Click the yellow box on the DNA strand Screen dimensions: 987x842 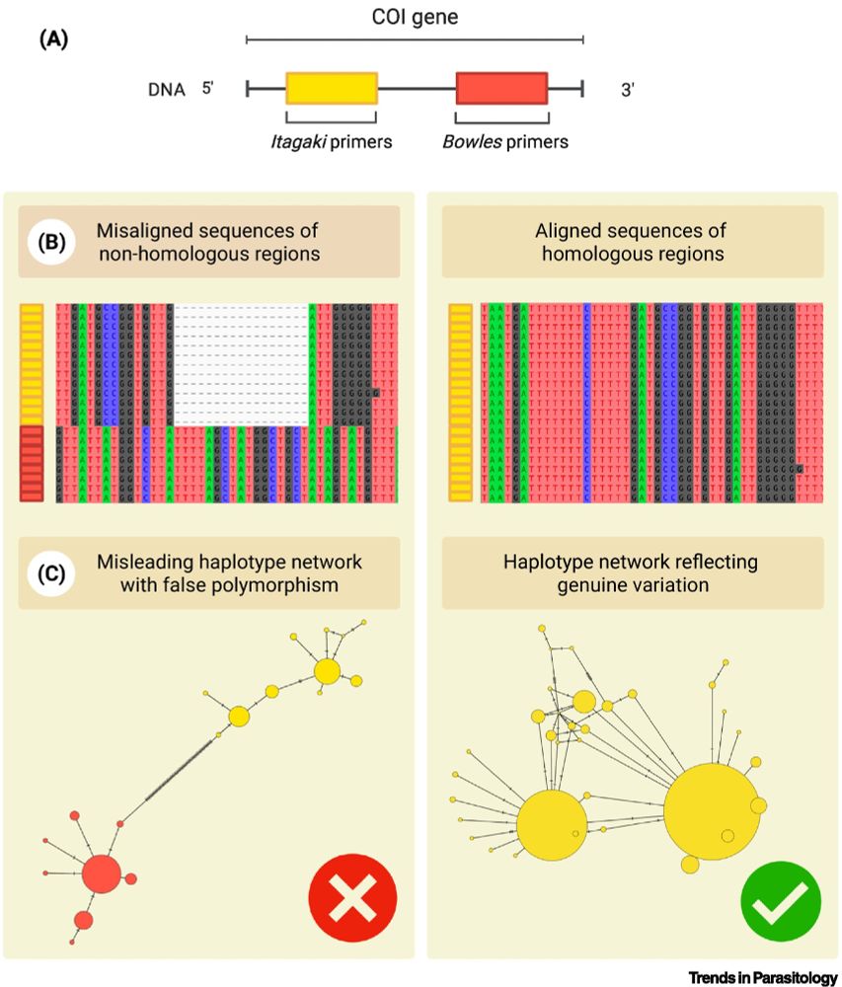[x=332, y=89]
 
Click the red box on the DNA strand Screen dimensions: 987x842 [x=501, y=89]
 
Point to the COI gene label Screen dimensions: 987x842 [x=415, y=17]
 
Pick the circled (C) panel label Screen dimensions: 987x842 [x=50, y=572]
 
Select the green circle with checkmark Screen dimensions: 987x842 [x=780, y=898]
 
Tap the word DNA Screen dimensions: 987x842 [x=165, y=90]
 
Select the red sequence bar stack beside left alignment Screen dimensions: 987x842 [x=32, y=463]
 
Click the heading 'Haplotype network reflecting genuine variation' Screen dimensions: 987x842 [x=633, y=573]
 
